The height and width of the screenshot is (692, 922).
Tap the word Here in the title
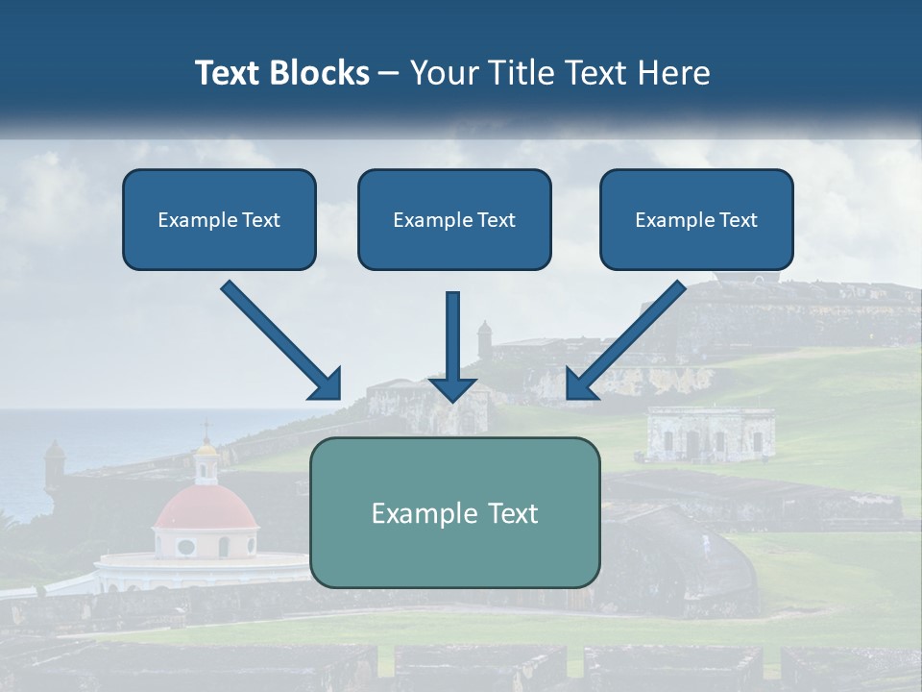coord(674,73)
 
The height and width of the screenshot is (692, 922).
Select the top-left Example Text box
coord(219,219)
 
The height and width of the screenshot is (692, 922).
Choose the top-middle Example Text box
coord(454,219)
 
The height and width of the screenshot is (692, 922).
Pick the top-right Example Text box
coord(696,219)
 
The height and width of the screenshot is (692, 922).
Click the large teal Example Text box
coord(454,512)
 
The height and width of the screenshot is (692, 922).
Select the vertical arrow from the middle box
coord(452,346)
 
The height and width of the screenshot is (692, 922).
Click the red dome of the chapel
coord(206,507)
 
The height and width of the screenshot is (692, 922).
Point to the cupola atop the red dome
coord(206,461)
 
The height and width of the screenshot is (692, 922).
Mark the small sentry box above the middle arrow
coord(484,337)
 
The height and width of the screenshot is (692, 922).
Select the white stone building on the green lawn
coord(711,434)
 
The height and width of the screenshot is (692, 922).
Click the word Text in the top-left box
coord(260,219)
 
